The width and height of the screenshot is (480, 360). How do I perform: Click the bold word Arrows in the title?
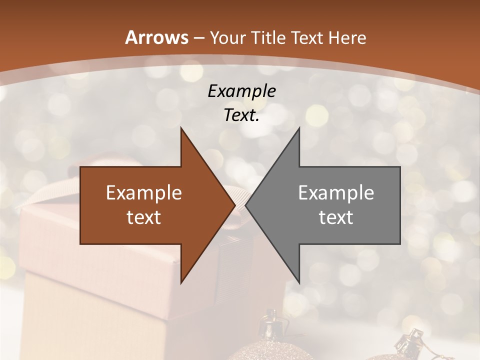coord(157,37)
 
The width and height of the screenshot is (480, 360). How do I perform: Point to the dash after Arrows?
coord(199,38)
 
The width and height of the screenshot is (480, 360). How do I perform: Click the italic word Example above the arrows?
coord(241,91)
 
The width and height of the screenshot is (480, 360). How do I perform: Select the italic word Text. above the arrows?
coord(241,115)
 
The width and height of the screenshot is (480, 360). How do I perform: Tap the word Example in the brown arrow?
coord(143,193)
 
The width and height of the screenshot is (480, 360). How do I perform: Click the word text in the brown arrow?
coord(143,217)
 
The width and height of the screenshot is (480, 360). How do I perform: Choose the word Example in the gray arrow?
coord(336,193)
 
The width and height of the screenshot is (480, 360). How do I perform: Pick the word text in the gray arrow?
coord(336,217)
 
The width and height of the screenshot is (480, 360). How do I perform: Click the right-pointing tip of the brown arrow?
coord(234,205)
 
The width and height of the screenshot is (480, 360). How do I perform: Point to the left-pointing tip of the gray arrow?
coord(246,205)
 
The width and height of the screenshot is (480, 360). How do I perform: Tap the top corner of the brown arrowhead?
coord(181,128)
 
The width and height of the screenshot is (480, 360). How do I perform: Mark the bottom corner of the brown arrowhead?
coord(181,283)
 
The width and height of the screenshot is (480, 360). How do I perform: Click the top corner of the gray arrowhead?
coord(299,128)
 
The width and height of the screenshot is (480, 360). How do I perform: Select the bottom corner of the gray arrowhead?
coord(299,283)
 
